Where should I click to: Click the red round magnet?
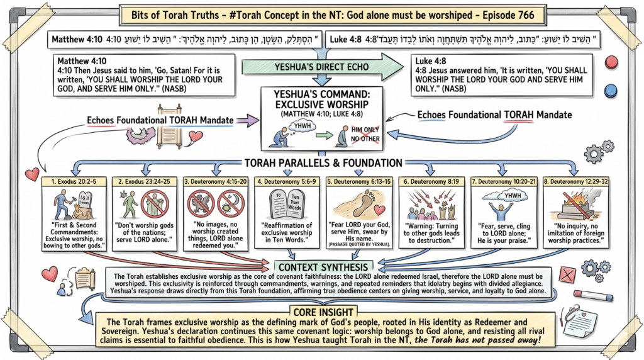click(609, 63)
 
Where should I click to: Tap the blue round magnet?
click(609, 91)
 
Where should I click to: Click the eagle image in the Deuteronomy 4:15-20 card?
click(203, 207)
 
